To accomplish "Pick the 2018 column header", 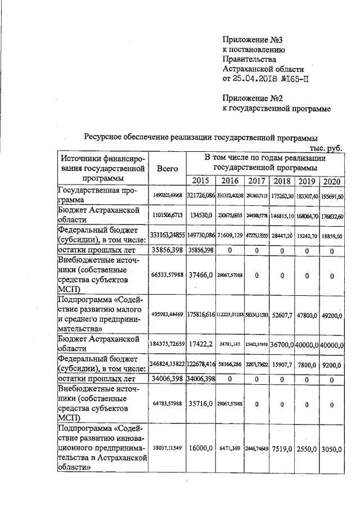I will (x=281, y=181).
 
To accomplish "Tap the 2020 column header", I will (x=332, y=181).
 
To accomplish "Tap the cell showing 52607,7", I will (x=281, y=316).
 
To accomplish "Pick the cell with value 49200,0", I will (x=332, y=316).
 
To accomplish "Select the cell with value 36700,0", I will (x=281, y=344).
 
